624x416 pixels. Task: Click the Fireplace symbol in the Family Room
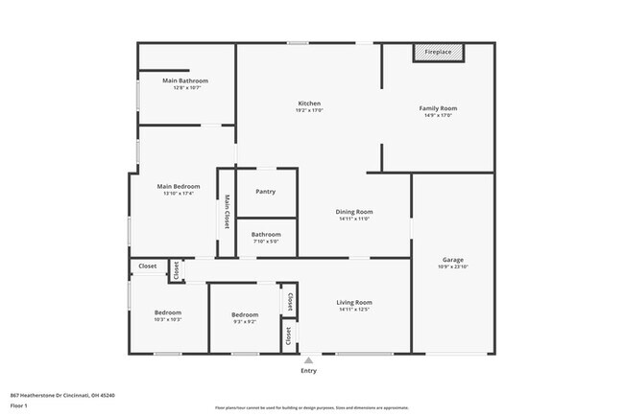pyautogui.click(x=439, y=53)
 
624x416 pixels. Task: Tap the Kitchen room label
pyautogui.click(x=309, y=104)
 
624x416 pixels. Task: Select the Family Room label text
pyautogui.click(x=438, y=108)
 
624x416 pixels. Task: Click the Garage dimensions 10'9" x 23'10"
pyautogui.click(x=453, y=266)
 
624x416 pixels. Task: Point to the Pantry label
pyautogui.click(x=266, y=192)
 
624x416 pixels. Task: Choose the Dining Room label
pyautogui.click(x=354, y=212)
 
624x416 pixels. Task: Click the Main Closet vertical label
pyautogui.click(x=228, y=212)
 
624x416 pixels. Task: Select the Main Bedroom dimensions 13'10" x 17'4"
pyautogui.click(x=178, y=194)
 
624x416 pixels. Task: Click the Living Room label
pyautogui.click(x=353, y=303)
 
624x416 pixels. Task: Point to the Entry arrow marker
pyautogui.click(x=308, y=360)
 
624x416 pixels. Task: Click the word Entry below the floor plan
pyautogui.click(x=308, y=371)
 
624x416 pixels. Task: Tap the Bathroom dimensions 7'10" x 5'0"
pyautogui.click(x=266, y=241)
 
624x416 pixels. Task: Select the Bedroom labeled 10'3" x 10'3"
pyautogui.click(x=168, y=313)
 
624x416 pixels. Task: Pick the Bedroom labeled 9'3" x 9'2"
pyautogui.click(x=245, y=314)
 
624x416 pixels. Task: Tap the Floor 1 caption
pyautogui.click(x=19, y=405)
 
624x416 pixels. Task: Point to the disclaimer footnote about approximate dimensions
pyautogui.click(x=311, y=408)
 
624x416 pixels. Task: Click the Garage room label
pyautogui.click(x=453, y=260)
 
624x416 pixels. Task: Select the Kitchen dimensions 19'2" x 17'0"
pyautogui.click(x=309, y=110)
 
